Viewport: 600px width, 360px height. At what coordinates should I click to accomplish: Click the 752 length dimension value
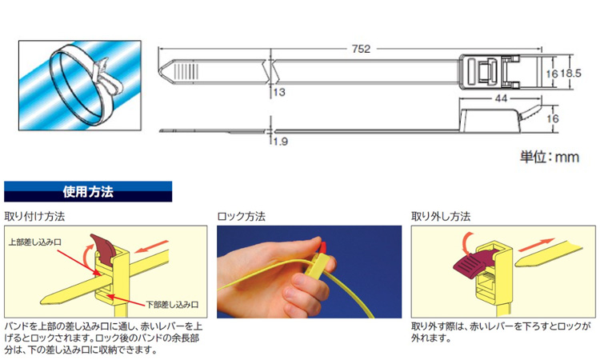tap(361, 49)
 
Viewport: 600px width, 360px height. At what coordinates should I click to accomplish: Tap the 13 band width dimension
tap(279, 92)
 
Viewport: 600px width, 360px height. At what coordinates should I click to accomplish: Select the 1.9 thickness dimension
tap(281, 142)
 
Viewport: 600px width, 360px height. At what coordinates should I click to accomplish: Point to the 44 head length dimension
tap(501, 98)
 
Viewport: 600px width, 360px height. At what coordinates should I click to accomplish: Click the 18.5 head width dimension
tap(570, 73)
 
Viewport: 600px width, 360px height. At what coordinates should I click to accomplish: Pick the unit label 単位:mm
tap(550, 157)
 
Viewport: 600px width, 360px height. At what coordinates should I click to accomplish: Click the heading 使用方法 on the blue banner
tap(88, 191)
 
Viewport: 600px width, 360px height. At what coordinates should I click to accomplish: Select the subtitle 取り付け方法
tap(34, 217)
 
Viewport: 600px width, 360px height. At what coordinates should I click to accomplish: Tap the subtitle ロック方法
tap(241, 217)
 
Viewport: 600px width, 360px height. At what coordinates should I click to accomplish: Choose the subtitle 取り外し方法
tap(441, 217)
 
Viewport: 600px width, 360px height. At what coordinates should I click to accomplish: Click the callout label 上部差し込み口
tap(35, 242)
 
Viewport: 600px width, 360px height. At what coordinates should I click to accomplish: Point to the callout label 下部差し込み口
tap(172, 305)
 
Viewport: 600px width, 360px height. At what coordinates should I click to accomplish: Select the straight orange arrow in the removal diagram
tap(536, 245)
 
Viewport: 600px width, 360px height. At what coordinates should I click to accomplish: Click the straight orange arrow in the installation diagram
tap(152, 246)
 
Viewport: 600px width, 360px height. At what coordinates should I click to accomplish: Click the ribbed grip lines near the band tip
tap(186, 71)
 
